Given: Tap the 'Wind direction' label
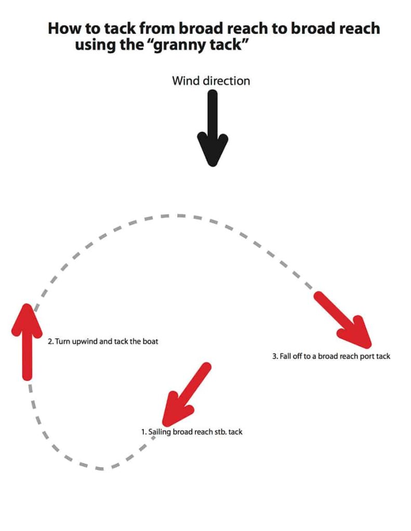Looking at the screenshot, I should [211, 81].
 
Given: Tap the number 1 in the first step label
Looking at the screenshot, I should [144, 431].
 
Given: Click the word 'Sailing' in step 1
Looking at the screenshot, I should [160, 431].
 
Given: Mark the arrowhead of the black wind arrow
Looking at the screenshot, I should [212, 150].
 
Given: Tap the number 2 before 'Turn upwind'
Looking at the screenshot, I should [50, 342].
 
